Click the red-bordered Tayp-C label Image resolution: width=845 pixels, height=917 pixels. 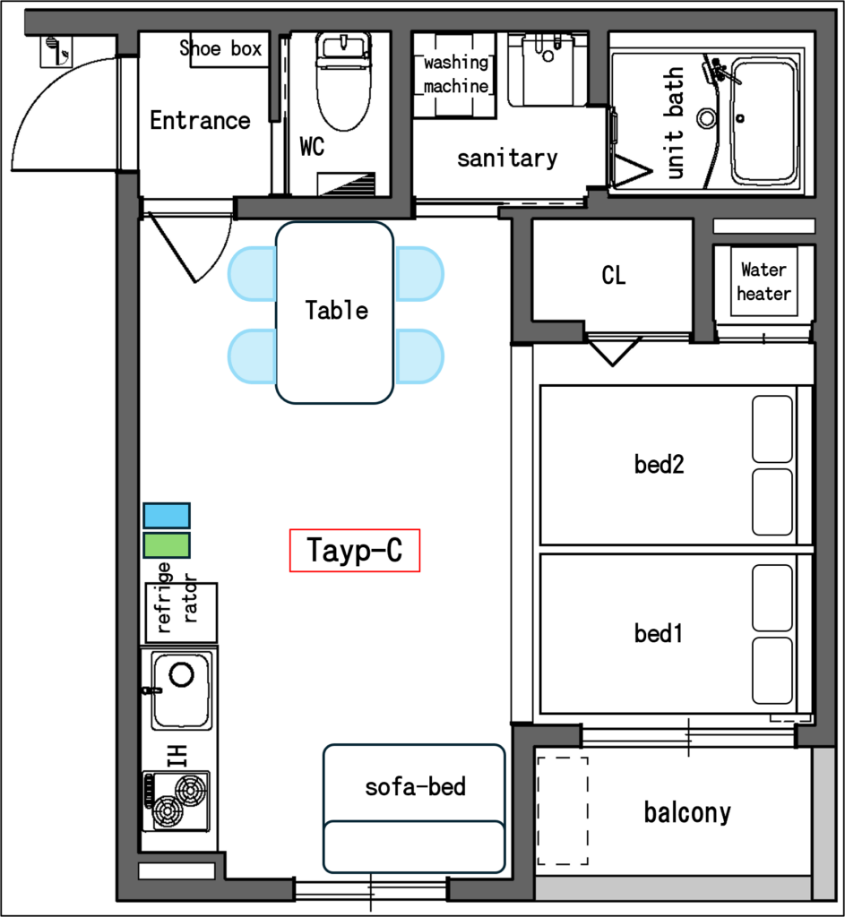coord(355,551)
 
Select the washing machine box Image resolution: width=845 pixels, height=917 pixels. coord(454,75)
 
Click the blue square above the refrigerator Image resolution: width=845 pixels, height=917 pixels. coord(167,515)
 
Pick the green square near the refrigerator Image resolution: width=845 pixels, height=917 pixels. coord(167,545)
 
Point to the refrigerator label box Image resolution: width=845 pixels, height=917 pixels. coord(181,613)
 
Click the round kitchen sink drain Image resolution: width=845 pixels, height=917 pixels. coord(181,674)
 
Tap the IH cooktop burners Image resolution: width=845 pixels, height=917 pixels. coord(177,801)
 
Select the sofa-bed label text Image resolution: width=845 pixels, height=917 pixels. coord(416,786)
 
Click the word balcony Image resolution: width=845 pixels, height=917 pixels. coord(687,812)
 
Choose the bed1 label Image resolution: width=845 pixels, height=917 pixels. coord(659,633)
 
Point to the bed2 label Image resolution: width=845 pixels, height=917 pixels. coord(659,465)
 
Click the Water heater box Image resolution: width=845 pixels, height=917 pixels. coord(763,281)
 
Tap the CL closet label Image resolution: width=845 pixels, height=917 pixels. coord(614,275)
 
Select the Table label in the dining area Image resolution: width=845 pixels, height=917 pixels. coord(337,310)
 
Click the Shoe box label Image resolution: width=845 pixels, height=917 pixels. coord(220,48)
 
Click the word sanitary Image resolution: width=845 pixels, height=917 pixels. coord(507,158)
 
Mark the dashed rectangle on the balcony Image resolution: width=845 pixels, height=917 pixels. coord(563,810)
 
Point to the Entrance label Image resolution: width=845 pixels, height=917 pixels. coord(200,121)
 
